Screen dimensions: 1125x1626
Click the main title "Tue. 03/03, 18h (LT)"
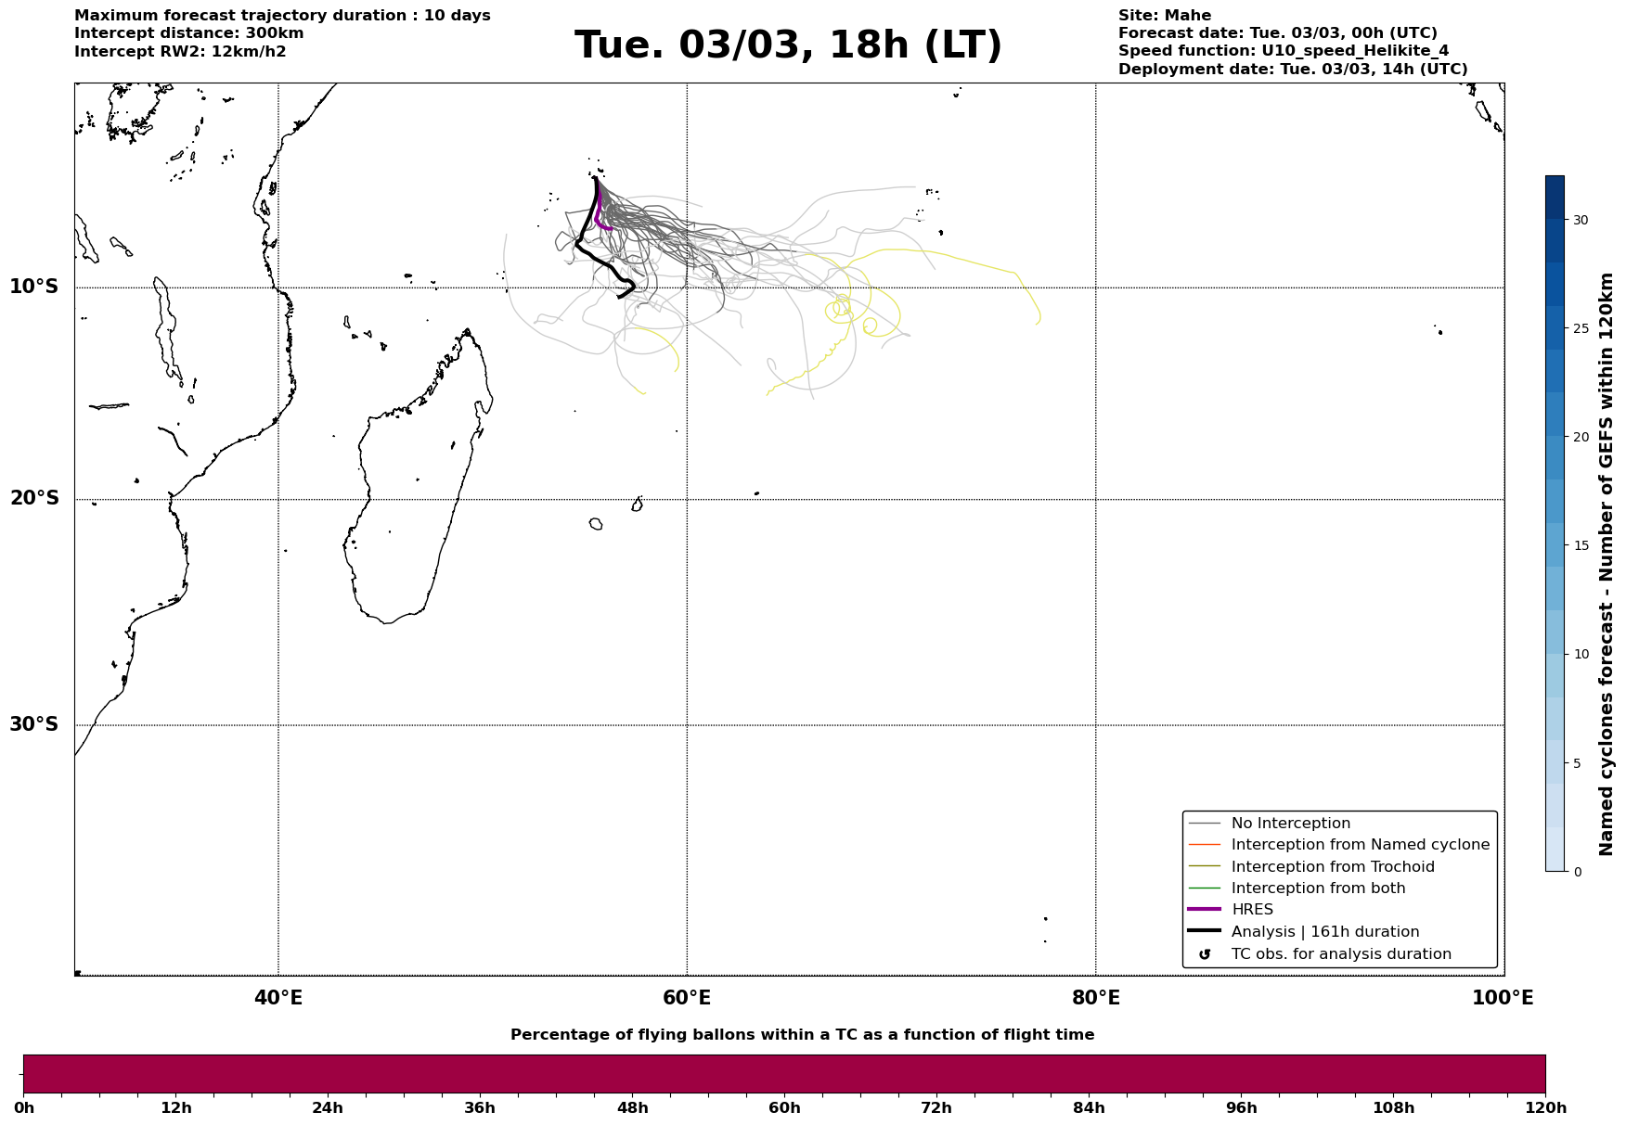click(788, 45)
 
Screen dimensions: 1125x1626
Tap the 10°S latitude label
click(34, 287)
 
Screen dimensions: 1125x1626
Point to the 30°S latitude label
click(34, 724)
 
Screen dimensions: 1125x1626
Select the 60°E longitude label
click(687, 999)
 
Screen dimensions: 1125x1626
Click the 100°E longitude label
click(1503, 999)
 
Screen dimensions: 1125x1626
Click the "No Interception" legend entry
click(1290, 824)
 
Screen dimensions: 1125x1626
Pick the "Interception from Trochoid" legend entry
click(1332, 867)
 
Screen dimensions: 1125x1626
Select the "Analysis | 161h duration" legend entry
click(1324, 932)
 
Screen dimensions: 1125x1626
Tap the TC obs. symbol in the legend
click(1205, 954)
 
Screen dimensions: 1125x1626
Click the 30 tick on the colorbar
click(1580, 220)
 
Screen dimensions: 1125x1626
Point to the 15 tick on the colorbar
click(1580, 545)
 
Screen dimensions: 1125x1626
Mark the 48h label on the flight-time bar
click(632, 1108)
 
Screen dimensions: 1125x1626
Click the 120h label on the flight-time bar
click(1545, 1108)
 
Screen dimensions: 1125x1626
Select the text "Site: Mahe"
click(1164, 16)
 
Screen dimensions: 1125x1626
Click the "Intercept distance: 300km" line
click(188, 33)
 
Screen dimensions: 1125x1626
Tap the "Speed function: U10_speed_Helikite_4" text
click(1283, 51)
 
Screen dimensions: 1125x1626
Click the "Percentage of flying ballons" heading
click(802, 1035)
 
